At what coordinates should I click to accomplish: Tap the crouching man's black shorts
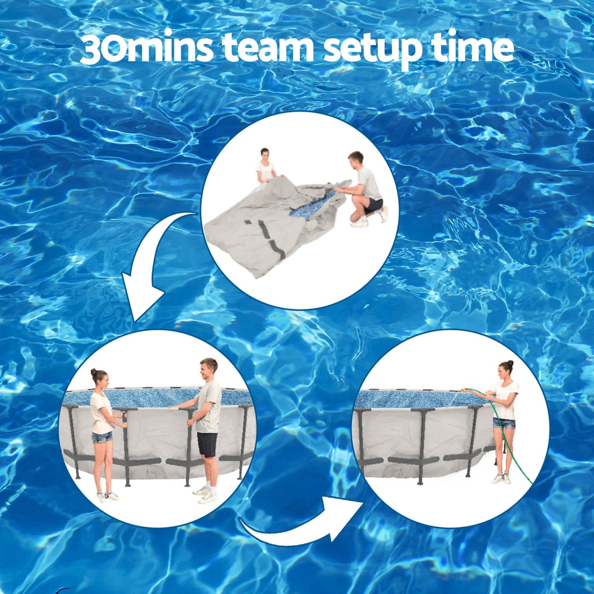pos(374,205)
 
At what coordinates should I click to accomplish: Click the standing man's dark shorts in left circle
pos(207,444)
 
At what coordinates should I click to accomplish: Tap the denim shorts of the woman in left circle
pos(102,437)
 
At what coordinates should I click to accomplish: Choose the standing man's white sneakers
pos(206,494)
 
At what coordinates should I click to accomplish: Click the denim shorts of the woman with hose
pos(504,423)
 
